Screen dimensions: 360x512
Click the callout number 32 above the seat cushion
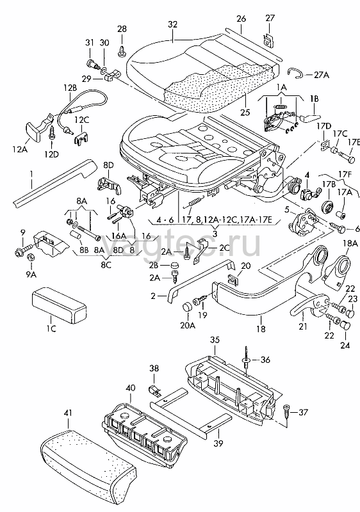173,24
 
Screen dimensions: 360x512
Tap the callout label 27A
321,75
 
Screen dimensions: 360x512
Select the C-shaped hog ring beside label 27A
295,73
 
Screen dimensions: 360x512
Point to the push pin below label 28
122,51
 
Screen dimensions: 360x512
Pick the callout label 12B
70,88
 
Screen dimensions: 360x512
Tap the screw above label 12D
53,133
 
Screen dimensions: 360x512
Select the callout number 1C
51,328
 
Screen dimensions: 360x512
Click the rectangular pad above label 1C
59,303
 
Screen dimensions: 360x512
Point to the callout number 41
68,413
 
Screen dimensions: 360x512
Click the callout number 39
218,443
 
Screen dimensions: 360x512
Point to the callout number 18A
350,243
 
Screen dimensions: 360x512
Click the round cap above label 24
345,325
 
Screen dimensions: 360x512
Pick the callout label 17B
329,183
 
